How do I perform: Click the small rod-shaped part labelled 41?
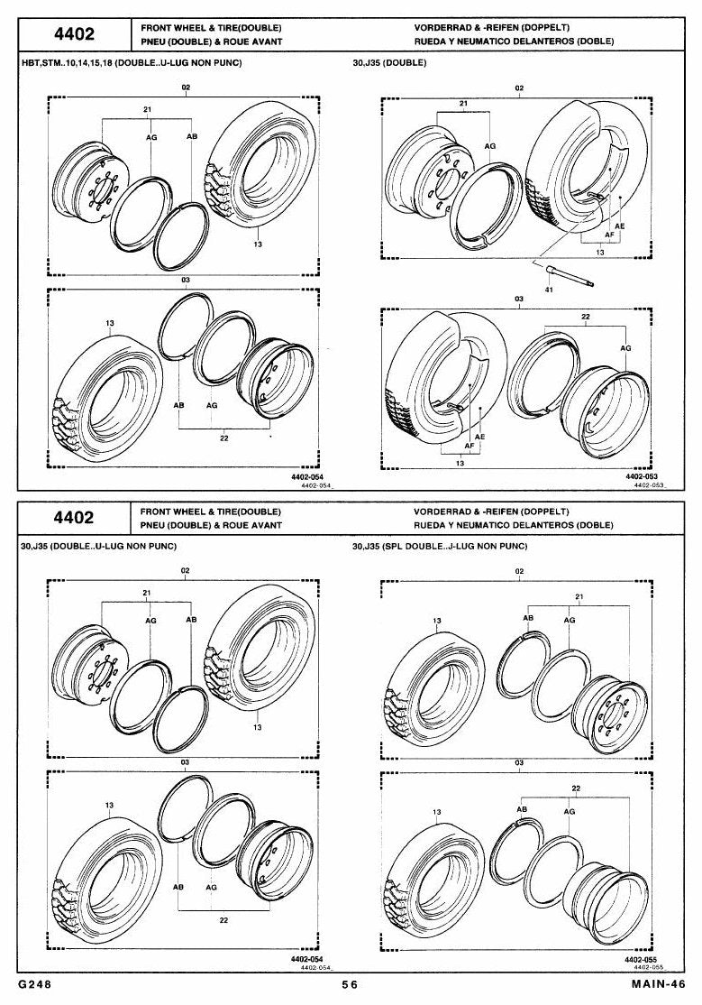(x=570, y=277)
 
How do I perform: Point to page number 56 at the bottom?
(x=350, y=984)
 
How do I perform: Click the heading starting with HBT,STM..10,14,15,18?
(x=132, y=63)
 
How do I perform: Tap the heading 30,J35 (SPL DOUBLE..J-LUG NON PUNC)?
(x=440, y=546)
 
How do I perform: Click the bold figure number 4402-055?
(x=642, y=960)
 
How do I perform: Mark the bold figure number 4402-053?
(x=642, y=477)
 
